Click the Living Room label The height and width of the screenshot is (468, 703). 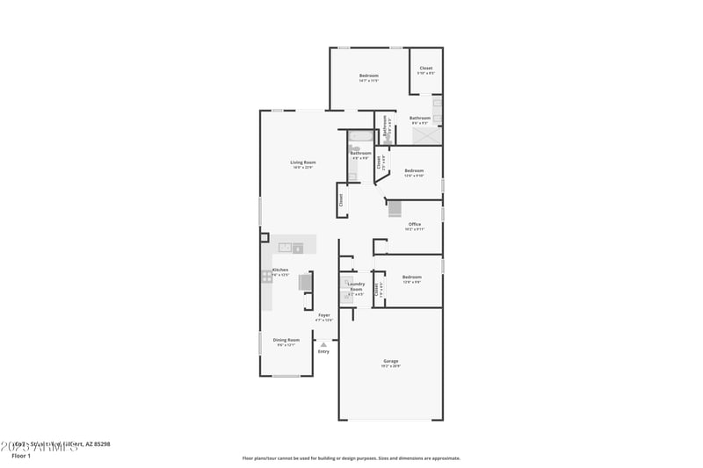click(x=303, y=162)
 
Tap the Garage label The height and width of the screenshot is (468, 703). click(x=391, y=362)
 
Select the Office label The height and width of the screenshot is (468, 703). click(x=415, y=225)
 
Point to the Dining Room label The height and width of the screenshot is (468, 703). click(x=286, y=340)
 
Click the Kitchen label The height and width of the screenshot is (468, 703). click(x=280, y=270)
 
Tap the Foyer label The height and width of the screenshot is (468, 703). click(x=324, y=315)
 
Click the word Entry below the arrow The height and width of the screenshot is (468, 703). click(x=323, y=352)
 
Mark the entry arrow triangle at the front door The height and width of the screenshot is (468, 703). click(x=323, y=344)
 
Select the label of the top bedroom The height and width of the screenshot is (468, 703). click(x=368, y=76)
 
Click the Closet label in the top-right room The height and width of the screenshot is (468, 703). click(x=425, y=68)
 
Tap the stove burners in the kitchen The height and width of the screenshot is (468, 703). click(x=266, y=277)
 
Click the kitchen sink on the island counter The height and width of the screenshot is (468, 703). click(x=285, y=248)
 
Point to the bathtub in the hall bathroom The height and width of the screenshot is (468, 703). click(x=360, y=136)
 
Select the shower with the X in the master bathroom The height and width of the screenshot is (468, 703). click(x=425, y=135)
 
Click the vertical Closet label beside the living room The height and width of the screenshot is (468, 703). click(x=341, y=201)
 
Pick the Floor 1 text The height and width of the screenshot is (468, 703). click(x=21, y=456)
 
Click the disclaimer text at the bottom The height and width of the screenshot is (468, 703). click(x=351, y=457)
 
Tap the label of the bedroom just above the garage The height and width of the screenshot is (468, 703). click(x=412, y=277)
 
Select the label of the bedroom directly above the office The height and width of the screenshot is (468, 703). click(x=414, y=171)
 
